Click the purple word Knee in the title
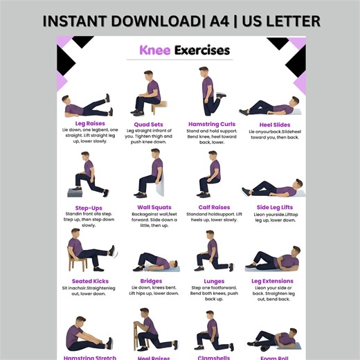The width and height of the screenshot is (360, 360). click(154, 51)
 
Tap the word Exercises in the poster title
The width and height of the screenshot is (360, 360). click(201, 51)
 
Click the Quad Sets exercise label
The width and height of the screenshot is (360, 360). click(148, 125)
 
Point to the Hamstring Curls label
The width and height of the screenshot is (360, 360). click(212, 125)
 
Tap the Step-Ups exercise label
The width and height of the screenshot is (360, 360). click(89, 208)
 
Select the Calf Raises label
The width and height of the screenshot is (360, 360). click(213, 207)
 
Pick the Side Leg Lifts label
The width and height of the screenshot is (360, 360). click(274, 207)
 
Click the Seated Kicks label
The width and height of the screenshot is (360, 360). click(89, 280)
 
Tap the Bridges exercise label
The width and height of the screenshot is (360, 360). click(151, 281)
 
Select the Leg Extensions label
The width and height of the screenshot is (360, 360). click(272, 281)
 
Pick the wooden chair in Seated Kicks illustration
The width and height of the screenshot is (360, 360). click(75, 262)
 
